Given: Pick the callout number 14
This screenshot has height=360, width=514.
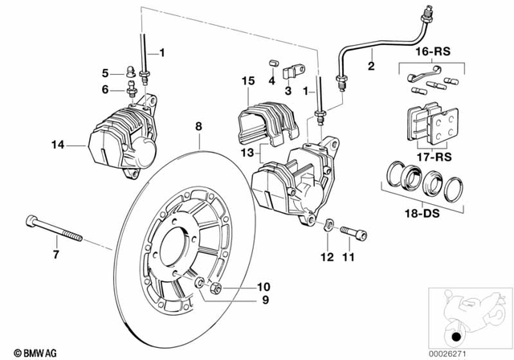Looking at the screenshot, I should [x=55, y=145].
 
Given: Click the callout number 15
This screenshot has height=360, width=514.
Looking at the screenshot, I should [x=247, y=81].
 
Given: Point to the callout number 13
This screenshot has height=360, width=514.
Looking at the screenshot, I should [x=247, y=152].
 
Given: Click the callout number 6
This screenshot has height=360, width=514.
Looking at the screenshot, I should [x=105, y=89].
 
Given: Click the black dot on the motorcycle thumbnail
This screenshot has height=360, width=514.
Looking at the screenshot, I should [x=457, y=336].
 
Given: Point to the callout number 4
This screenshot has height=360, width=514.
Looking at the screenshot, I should [x=271, y=81].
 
